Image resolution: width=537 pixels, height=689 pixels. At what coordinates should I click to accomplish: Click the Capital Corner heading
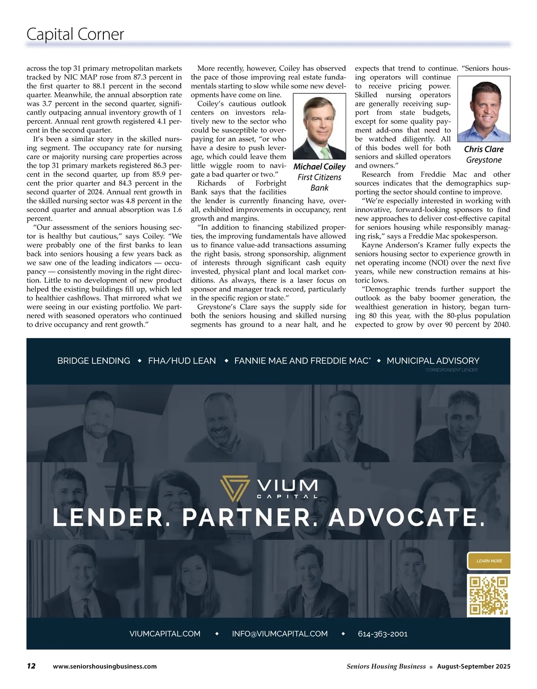75,34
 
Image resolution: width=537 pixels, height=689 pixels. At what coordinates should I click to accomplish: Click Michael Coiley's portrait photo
320,126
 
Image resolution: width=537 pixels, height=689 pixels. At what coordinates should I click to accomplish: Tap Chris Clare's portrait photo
484,109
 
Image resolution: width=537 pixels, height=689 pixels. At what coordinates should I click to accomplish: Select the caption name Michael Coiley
320,167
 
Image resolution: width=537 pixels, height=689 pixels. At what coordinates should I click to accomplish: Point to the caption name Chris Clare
484,149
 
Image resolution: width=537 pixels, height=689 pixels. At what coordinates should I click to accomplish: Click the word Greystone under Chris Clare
484,160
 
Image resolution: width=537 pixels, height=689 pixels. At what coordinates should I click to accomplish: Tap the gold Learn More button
489,561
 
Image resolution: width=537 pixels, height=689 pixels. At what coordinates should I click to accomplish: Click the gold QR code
488,596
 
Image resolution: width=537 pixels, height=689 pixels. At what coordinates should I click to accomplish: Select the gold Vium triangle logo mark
234,488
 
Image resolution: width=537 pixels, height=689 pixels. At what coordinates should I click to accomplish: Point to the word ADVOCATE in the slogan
406,518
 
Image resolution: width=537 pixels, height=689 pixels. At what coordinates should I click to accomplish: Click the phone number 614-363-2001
383,634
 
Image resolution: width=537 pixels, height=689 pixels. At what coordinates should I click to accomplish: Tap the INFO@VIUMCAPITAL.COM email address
280,634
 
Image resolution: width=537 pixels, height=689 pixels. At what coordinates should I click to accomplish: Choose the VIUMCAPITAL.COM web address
165,634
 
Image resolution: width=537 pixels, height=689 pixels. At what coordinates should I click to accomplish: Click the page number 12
31,666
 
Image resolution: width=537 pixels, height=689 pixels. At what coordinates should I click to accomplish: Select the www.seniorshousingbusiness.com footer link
105,666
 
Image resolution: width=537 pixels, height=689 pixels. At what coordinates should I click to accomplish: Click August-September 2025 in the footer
473,666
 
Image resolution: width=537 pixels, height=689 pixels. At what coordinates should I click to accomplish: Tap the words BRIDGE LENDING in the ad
94,361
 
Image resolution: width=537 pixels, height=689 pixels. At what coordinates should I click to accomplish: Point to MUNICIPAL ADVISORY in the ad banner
433,361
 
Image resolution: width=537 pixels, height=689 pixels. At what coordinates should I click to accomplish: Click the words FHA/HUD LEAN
182,361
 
